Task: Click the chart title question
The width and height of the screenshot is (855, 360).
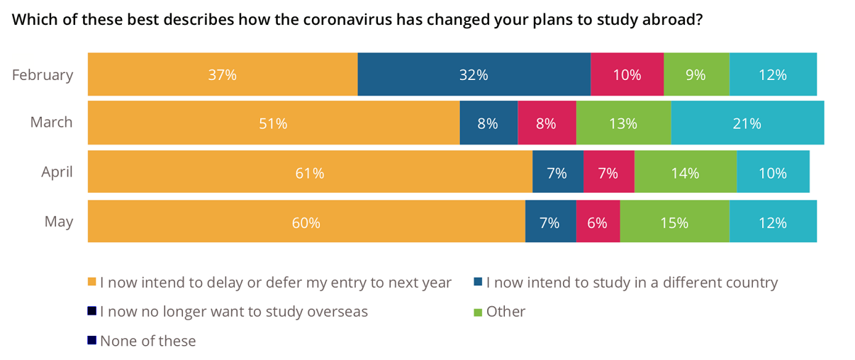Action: click(357, 20)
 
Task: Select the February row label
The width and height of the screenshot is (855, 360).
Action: click(43, 74)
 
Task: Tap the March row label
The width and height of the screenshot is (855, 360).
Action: click(51, 123)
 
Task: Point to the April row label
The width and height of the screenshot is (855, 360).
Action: click(57, 171)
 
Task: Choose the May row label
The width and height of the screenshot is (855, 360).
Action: click(59, 221)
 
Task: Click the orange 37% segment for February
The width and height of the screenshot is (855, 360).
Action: click(223, 74)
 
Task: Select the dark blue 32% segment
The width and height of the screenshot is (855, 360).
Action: click(474, 74)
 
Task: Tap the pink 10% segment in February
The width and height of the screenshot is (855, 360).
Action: click(627, 74)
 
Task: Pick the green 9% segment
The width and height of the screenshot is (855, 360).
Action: click(696, 74)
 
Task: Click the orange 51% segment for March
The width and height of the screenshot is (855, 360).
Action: click(274, 123)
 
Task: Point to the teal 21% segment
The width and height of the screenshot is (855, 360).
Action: click(747, 123)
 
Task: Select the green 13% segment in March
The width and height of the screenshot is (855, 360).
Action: click(623, 123)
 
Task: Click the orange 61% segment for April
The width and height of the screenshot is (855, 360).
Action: click(310, 172)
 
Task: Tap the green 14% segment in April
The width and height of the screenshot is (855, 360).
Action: click(686, 172)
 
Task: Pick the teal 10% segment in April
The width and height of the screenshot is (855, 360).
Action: click(773, 172)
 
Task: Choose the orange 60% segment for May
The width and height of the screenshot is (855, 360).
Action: click(306, 222)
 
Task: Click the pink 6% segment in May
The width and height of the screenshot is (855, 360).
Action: click(598, 222)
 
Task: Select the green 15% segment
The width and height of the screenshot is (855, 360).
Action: click(674, 222)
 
